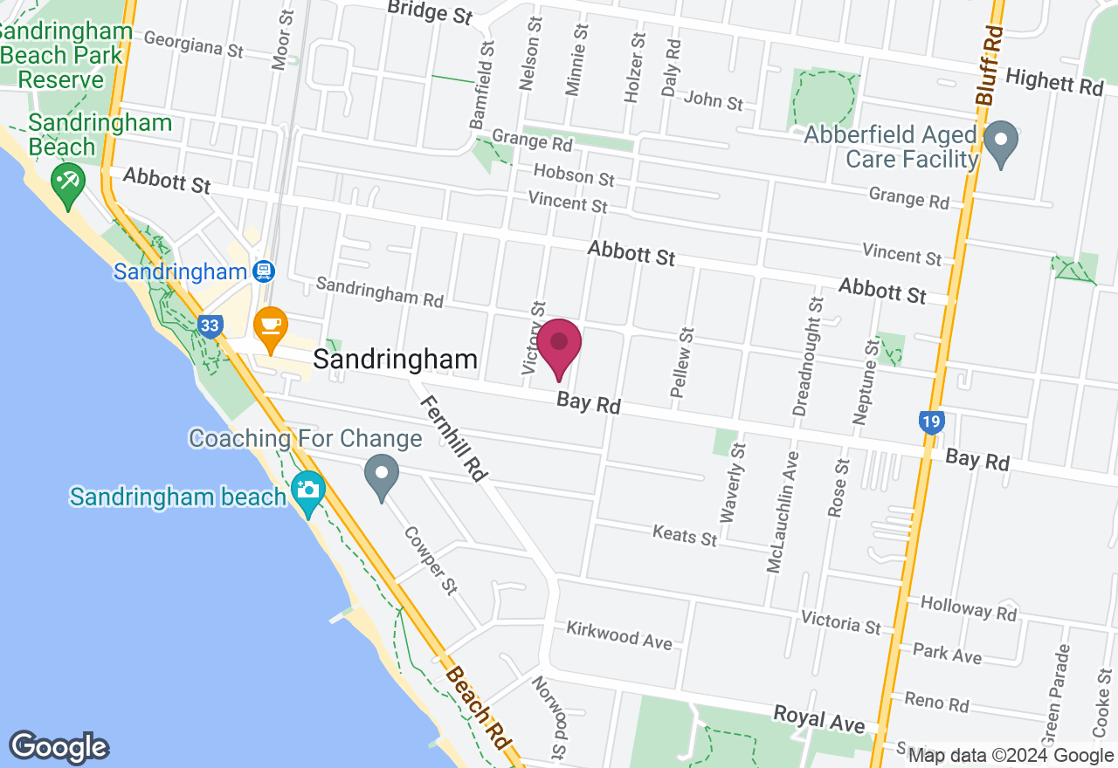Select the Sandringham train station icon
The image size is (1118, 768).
[262, 271]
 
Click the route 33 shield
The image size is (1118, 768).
[209, 326]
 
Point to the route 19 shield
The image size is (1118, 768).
[931, 423]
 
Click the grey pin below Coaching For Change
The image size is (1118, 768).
[381, 477]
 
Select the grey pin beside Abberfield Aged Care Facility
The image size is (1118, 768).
[1001, 142]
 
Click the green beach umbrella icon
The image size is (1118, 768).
[66, 183]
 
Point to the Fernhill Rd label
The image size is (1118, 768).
[452, 439]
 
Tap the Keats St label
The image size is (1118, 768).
[685, 535]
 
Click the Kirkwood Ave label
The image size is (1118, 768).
[618, 635]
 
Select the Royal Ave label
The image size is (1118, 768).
[818, 719]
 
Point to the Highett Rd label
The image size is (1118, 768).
[1054, 82]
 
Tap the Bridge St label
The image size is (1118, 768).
[429, 11]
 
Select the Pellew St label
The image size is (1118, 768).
[682, 362]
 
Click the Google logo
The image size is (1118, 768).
[59, 747]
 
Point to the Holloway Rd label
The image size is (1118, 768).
[969, 608]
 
